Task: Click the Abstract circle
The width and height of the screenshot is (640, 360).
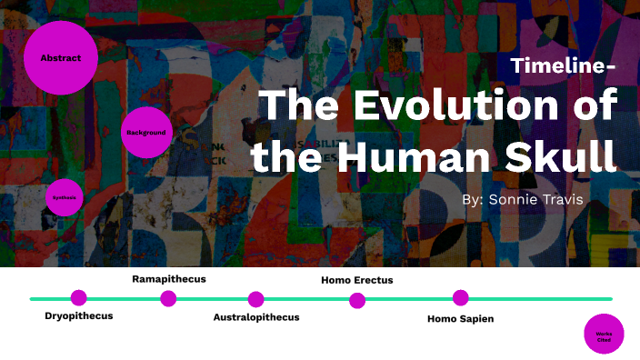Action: click(60, 58)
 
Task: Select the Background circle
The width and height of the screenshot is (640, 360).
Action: click(146, 132)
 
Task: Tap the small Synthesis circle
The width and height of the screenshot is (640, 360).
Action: click(65, 196)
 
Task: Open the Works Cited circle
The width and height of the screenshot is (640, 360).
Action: click(604, 334)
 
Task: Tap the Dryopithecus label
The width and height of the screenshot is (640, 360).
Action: click(79, 316)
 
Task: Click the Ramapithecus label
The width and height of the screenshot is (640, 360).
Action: click(169, 278)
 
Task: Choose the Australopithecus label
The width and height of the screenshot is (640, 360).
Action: click(256, 317)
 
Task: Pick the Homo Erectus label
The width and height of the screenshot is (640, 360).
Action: click(357, 280)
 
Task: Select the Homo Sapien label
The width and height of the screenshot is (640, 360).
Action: click(460, 318)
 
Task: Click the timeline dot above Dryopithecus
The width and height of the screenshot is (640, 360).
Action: click(79, 297)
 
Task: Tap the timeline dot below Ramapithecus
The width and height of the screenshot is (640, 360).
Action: click(168, 298)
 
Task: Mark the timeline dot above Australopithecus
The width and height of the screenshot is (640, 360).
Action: click(255, 299)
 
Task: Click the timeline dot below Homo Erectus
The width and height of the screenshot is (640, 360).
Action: click(357, 300)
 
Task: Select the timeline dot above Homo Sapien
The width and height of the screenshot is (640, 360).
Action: click(461, 297)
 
